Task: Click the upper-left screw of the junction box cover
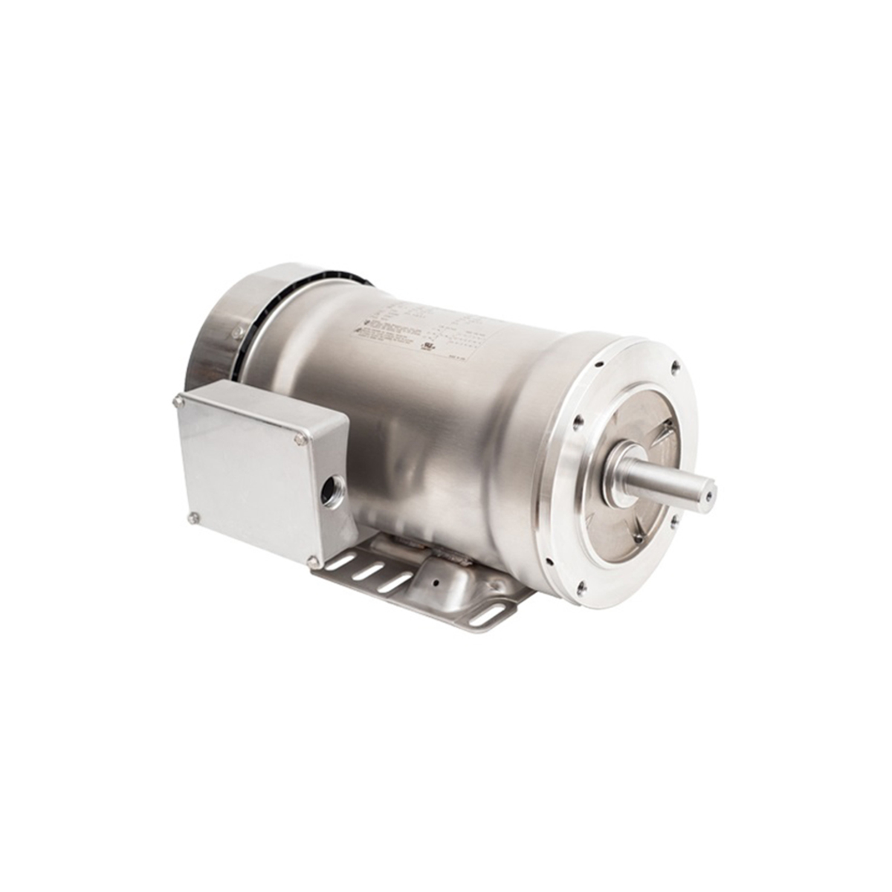pos(178,403)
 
